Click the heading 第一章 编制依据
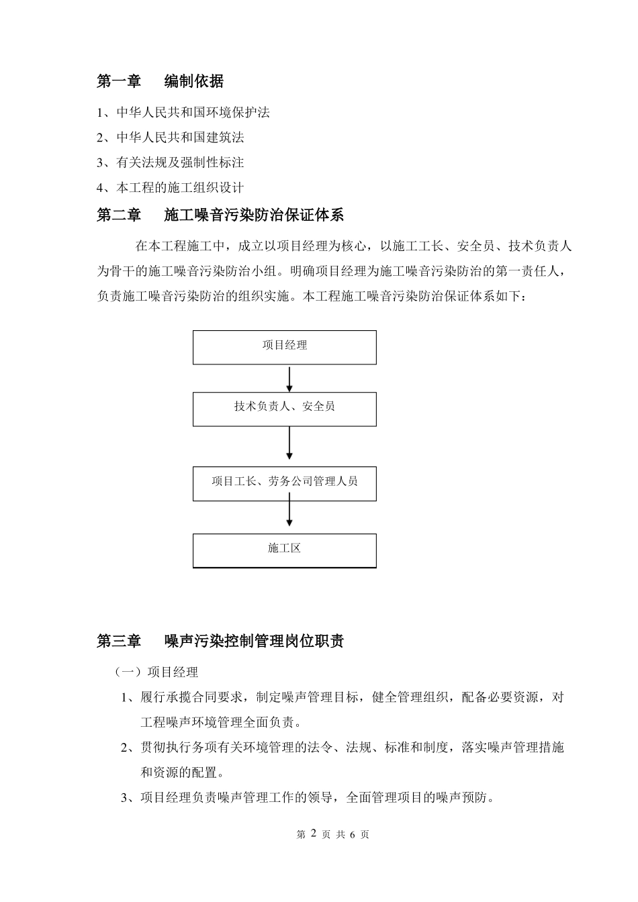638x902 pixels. [161, 82]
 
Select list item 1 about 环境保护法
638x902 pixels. [183, 113]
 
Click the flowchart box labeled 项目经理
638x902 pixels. [284, 346]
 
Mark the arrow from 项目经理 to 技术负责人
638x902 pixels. [289, 379]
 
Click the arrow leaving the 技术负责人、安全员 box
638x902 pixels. [289, 444]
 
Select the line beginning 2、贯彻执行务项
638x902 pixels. [342, 748]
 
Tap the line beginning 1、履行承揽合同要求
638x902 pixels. [342, 698]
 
